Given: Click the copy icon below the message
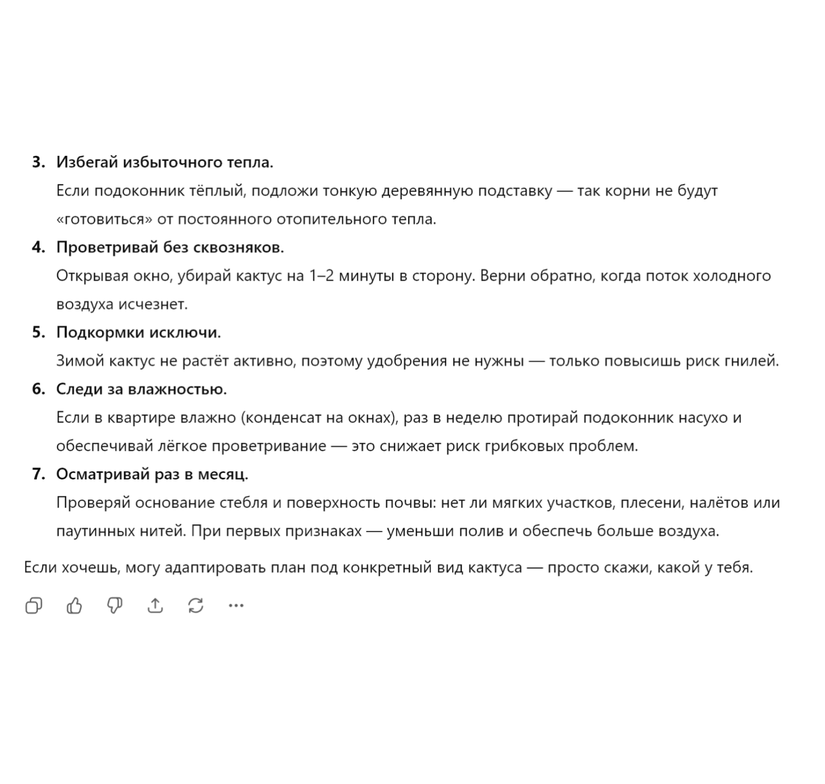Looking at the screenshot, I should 34,605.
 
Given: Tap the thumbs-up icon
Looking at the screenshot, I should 74,605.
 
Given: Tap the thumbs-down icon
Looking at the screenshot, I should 115,605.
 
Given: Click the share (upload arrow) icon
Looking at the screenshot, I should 155,605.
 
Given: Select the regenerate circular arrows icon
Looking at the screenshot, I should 196,605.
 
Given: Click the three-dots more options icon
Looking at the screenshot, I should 236,605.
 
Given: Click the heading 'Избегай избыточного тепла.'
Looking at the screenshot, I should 165,162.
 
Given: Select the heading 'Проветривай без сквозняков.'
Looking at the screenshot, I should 170,248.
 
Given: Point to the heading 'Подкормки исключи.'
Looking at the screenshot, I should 138,332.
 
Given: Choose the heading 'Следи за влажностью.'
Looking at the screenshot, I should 141,389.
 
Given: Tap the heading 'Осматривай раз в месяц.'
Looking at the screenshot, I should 152,475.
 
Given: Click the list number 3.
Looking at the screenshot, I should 38,162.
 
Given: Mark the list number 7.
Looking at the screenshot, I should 38,475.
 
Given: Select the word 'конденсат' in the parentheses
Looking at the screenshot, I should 282,418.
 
